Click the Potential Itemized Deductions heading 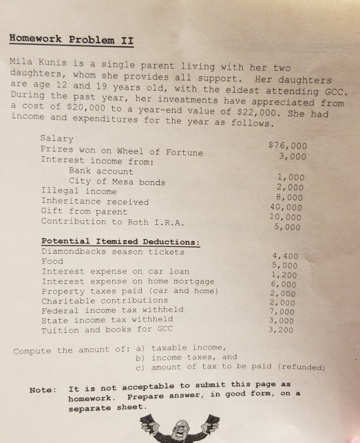(x=120, y=241)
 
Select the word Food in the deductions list (x=52, y=261)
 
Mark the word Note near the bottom (x=40, y=390)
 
